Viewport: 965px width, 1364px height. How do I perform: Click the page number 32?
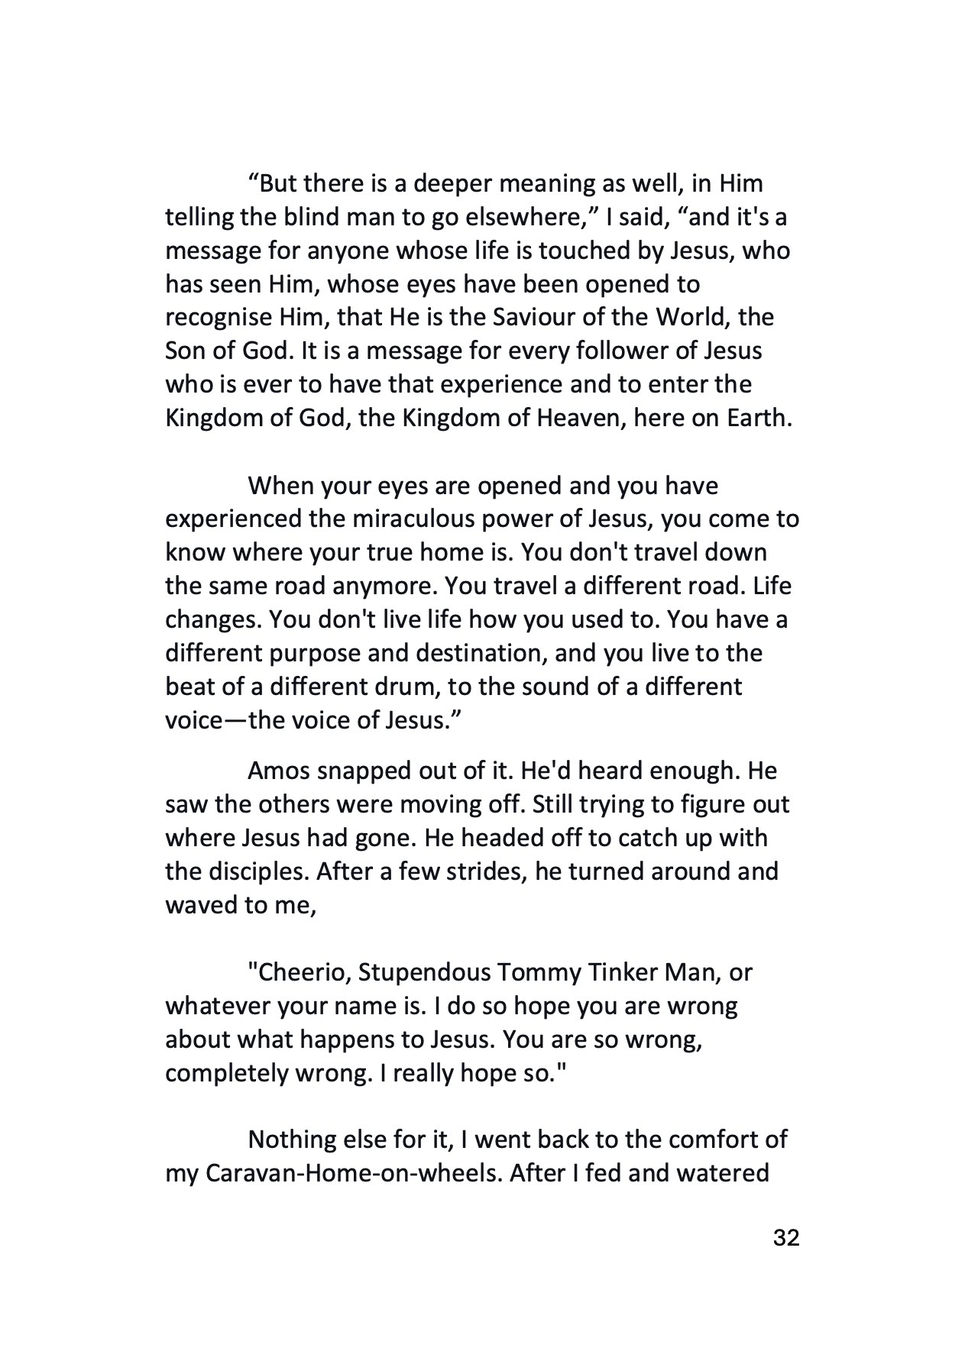[x=786, y=1258]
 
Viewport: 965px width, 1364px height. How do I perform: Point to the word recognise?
[x=219, y=318]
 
